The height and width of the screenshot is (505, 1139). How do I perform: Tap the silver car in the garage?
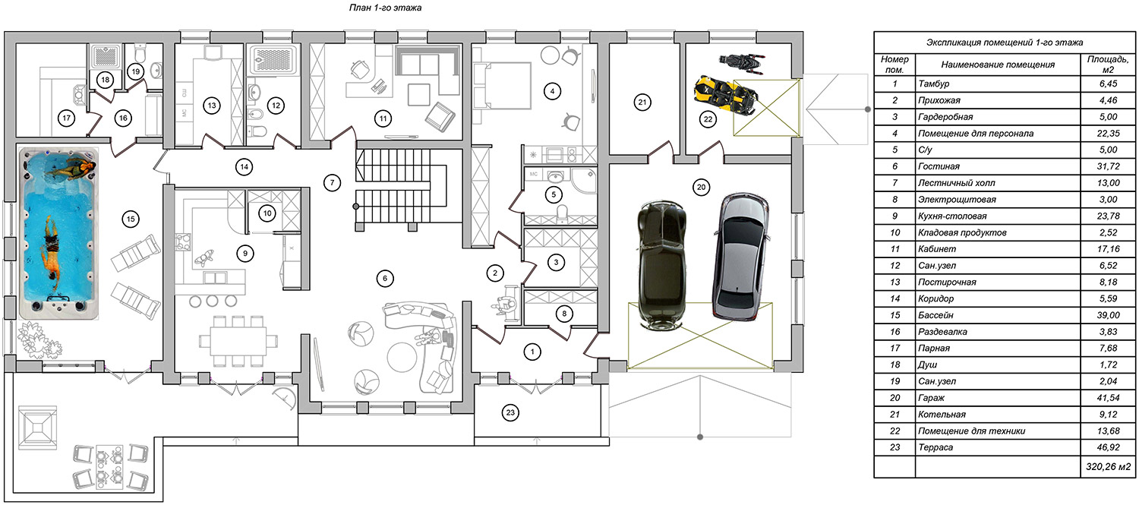[x=740, y=257]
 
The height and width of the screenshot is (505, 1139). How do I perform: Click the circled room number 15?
[x=131, y=219]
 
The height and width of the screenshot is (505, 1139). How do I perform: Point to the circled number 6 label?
[x=385, y=278]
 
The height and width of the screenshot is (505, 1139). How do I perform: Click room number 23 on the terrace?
[x=510, y=412]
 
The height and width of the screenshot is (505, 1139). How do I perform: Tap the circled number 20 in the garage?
[x=701, y=187]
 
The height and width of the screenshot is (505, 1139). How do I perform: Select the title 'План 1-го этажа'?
[x=385, y=8]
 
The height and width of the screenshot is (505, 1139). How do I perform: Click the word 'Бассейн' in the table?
[x=935, y=315]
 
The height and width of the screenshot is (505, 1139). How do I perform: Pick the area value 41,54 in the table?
[x=1109, y=398]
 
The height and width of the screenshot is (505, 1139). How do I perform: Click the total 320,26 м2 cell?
[x=1109, y=466]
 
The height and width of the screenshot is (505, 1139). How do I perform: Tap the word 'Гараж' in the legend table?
[x=931, y=398]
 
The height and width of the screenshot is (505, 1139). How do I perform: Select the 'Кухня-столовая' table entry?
[x=952, y=216]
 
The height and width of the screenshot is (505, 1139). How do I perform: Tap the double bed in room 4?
[x=503, y=86]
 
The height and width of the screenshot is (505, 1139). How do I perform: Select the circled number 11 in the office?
[x=383, y=119]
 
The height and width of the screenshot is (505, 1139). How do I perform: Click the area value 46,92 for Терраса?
[x=1109, y=447]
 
